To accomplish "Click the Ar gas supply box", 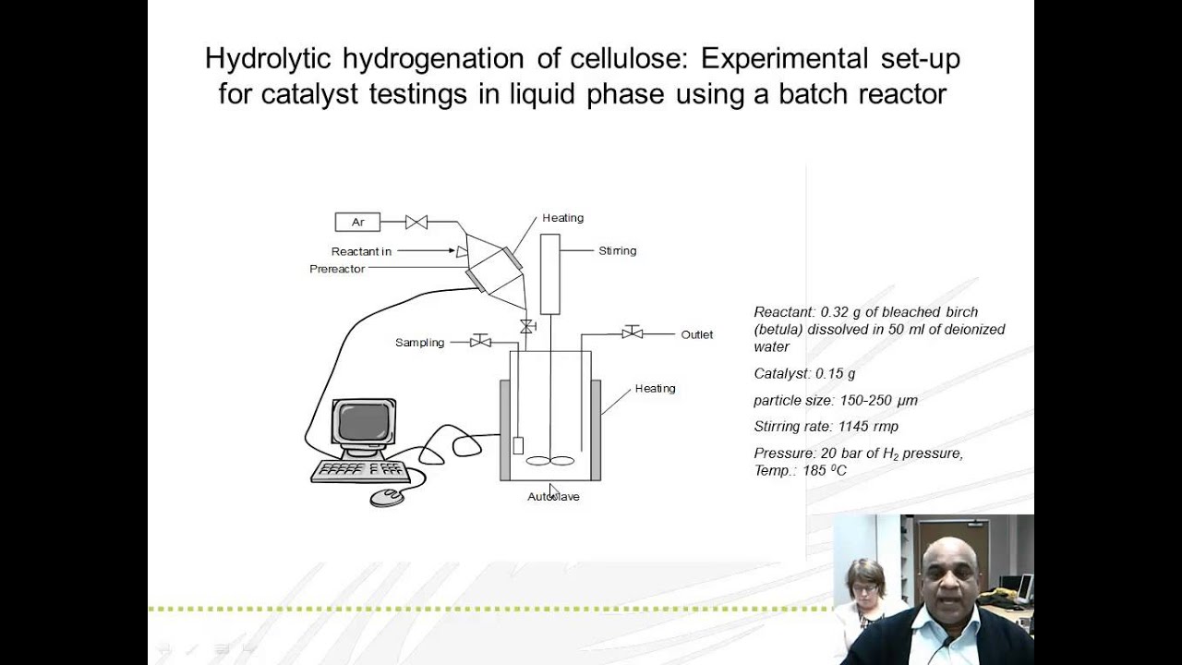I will (x=358, y=222).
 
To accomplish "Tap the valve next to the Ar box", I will (x=416, y=222).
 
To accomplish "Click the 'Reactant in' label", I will (x=361, y=251).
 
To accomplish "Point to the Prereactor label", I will (x=337, y=269).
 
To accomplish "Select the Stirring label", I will (x=617, y=250).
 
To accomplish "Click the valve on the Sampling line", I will (x=480, y=341).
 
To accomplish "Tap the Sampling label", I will (x=419, y=343).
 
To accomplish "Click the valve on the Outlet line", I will (x=633, y=332).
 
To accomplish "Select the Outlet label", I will (x=696, y=334).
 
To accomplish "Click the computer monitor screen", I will (x=364, y=422).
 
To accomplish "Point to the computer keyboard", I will (x=360, y=470).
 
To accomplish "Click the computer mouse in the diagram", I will (x=387, y=498).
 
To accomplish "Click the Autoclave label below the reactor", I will (x=553, y=497).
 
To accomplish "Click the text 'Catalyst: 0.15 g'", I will (x=804, y=374).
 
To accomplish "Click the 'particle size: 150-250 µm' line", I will (x=835, y=400).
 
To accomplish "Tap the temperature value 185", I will (x=814, y=471).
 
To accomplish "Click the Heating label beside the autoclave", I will (x=655, y=388).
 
